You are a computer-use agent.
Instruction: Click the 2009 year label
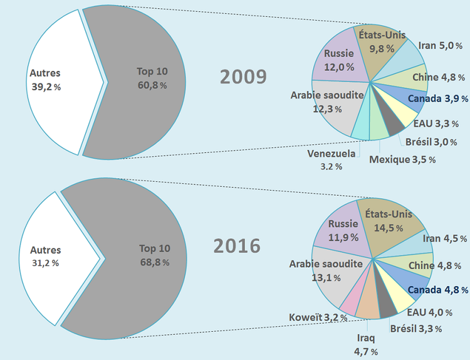tap(243, 77)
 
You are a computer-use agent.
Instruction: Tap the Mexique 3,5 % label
tap(402, 160)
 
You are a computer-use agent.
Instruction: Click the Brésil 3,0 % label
tap(431, 142)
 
